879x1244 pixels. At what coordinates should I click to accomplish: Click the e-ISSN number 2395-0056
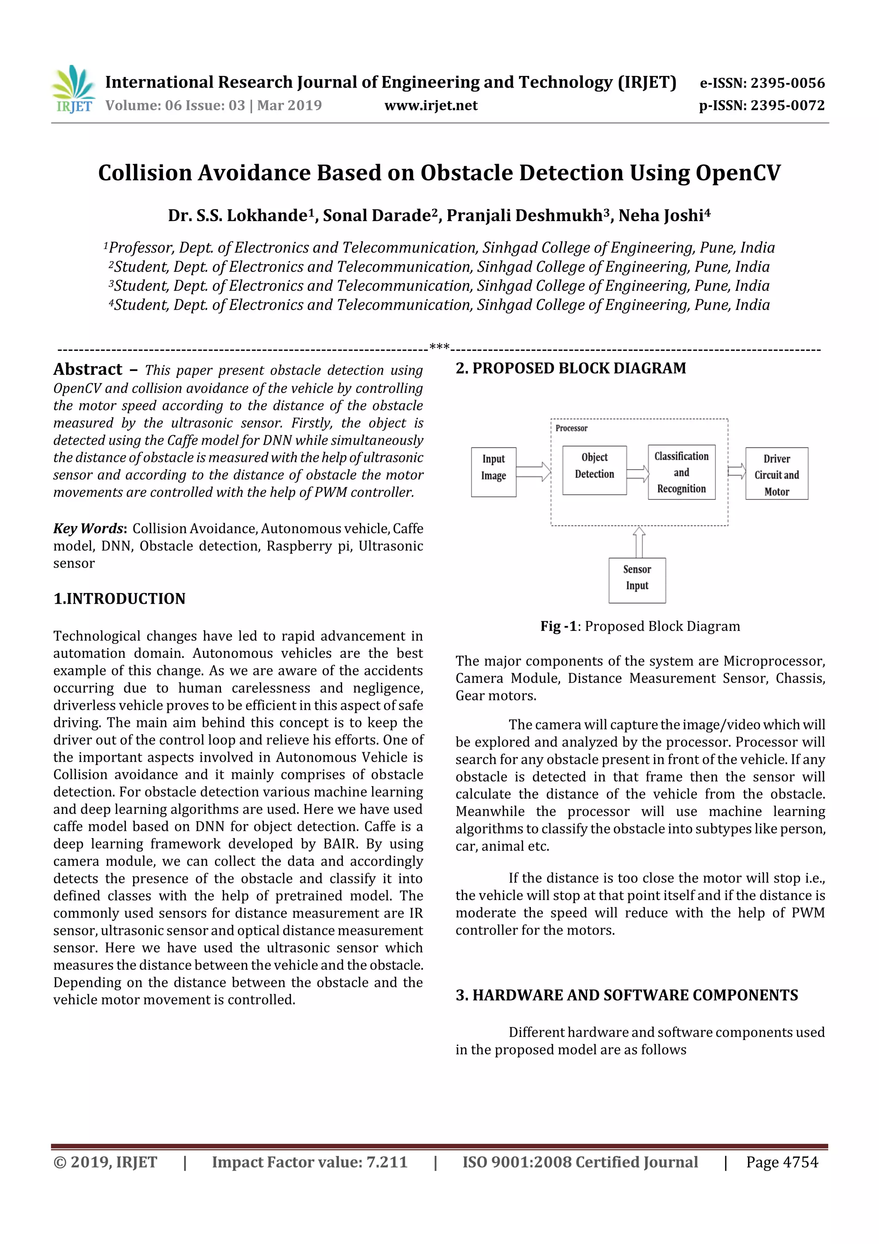pos(787,83)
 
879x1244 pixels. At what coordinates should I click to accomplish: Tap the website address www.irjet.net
pos(430,105)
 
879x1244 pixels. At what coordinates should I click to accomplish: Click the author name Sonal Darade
pos(376,216)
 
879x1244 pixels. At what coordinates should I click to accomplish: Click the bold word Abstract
pos(88,370)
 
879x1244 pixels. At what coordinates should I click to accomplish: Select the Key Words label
pos(89,528)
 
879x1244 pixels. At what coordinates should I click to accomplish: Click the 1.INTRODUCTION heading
pos(119,598)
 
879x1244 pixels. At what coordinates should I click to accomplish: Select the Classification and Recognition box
pos(681,472)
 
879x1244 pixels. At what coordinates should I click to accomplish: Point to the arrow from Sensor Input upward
pos(639,542)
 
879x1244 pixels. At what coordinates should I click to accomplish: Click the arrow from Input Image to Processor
pos(533,472)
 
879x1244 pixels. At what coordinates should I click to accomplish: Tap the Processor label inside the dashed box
pos(571,428)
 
